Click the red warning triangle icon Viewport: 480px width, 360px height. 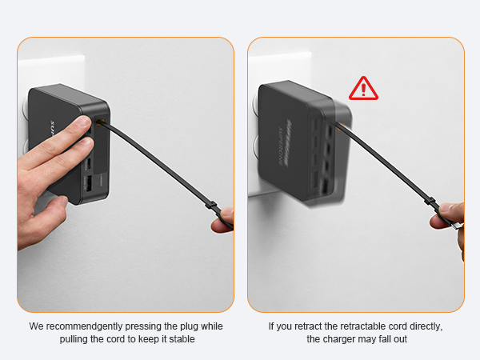tap(363, 87)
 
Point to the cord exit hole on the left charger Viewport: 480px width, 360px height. tap(100, 122)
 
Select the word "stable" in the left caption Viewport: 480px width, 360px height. tap(178, 339)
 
